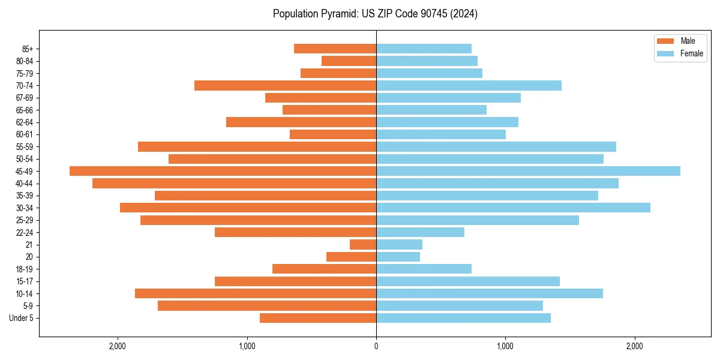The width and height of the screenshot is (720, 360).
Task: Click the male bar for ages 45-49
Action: [x=223, y=171]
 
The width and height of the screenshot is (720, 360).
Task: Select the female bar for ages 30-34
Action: [x=513, y=208]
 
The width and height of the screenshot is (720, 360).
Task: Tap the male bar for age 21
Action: [x=363, y=245]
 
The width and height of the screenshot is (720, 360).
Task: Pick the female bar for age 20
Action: [x=398, y=257]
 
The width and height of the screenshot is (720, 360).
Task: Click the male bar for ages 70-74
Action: [x=285, y=86]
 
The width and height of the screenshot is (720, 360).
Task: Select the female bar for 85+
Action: [x=424, y=49]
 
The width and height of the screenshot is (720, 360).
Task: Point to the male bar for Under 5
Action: [x=318, y=318]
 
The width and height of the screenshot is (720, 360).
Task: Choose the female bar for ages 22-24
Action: [x=420, y=232]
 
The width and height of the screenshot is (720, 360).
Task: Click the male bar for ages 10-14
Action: [x=256, y=293]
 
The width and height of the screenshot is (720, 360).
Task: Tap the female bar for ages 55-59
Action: [x=496, y=147]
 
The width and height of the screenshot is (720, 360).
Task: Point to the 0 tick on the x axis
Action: [x=376, y=346]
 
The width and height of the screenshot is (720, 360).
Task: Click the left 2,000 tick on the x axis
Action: [x=118, y=346]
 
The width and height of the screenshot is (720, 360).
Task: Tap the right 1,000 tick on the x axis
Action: [x=505, y=346]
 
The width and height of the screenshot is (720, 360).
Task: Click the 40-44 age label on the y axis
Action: [x=25, y=184]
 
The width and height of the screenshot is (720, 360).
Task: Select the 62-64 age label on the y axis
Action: [x=25, y=122]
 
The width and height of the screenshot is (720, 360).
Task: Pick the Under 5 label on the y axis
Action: [x=22, y=318]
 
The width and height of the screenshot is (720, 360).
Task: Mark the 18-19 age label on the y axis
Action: [x=25, y=269]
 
